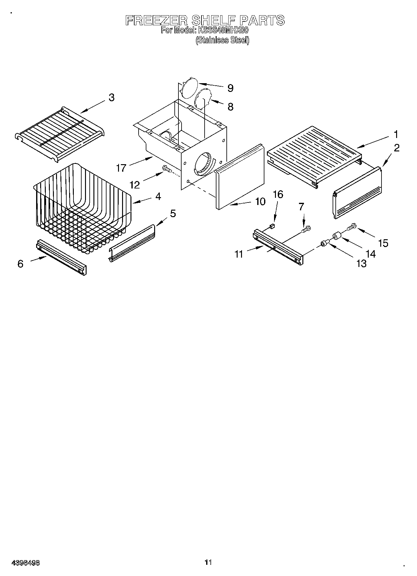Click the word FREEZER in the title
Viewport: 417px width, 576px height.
[156, 21]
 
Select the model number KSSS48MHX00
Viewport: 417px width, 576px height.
[222, 31]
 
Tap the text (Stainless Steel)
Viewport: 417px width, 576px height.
[222, 40]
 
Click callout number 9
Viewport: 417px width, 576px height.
[230, 88]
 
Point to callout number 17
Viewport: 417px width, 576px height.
[121, 168]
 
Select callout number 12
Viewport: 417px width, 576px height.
[135, 185]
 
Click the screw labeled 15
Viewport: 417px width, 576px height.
[350, 226]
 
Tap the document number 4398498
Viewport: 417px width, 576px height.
[26, 563]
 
